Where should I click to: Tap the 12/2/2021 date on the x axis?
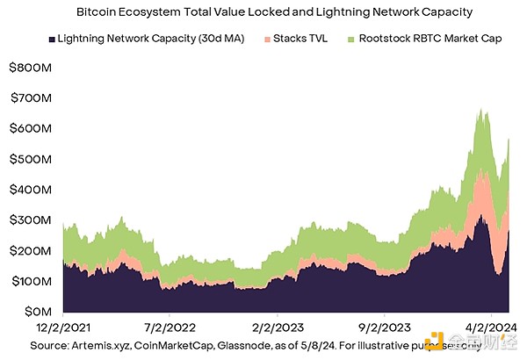pyautogui.click(x=62, y=326)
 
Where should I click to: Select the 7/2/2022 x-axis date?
pyautogui.click(x=170, y=326)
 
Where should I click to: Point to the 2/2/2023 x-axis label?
pyautogui.click(x=277, y=326)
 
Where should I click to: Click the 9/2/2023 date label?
pyautogui.click(x=384, y=326)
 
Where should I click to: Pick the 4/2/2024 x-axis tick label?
pyautogui.click(x=485, y=326)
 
